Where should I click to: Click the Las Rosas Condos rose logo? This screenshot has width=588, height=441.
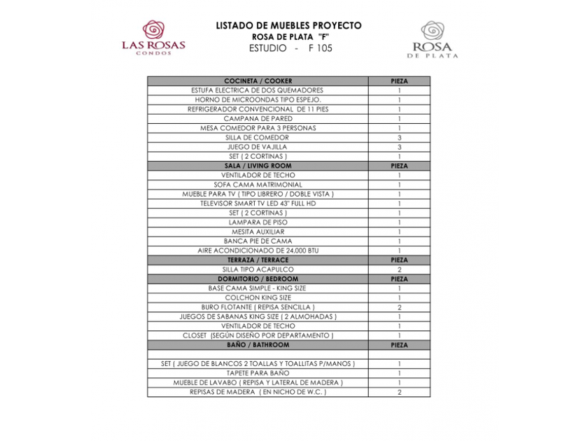pos(153,30)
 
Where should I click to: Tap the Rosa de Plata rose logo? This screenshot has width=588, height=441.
pos(432,31)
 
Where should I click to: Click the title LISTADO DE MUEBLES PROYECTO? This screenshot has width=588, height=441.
pos(288,26)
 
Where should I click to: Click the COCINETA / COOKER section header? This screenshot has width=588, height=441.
pos(258,81)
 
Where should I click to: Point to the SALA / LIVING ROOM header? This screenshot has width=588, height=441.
pos(258,166)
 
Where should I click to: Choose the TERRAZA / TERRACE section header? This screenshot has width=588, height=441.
pos(258,260)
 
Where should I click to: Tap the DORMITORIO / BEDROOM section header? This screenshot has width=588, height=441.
pos(258,279)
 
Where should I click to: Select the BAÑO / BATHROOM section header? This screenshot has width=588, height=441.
pos(258,345)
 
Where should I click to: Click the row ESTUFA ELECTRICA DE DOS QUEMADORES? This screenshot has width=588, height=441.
pos(258,90)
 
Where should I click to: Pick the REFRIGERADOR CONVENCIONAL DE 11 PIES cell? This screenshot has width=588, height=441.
pos(258,109)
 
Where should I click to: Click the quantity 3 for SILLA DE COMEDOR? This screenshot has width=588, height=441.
pos(399,138)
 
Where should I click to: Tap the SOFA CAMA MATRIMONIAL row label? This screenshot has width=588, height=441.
pos(258,185)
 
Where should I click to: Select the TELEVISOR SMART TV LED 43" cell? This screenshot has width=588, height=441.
pos(258,204)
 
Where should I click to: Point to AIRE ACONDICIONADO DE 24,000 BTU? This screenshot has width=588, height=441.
pos(258,251)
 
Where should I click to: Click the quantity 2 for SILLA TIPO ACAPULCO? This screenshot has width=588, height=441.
pos(399,269)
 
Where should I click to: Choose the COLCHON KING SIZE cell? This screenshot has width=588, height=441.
pos(258,297)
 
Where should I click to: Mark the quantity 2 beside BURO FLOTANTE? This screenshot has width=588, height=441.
pos(399,307)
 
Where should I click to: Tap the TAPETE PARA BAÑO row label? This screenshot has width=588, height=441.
pos(258,373)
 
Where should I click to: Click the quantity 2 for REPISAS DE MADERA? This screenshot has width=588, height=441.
pos(399,392)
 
